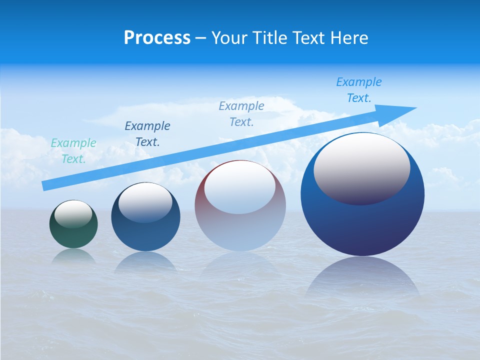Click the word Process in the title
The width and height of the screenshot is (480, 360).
pos(157,38)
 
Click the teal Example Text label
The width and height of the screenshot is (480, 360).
pos(73,151)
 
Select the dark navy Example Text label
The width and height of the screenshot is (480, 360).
pos(147,134)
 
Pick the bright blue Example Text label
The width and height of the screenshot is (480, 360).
pos(359,90)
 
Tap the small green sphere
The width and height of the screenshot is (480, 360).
pos(73,235)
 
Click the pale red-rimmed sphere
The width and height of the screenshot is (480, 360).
pos(240,225)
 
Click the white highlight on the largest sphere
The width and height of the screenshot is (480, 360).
pos(361,167)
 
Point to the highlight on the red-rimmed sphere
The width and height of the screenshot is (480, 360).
pos(239,187)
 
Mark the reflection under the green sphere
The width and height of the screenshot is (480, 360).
pos(73,256)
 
